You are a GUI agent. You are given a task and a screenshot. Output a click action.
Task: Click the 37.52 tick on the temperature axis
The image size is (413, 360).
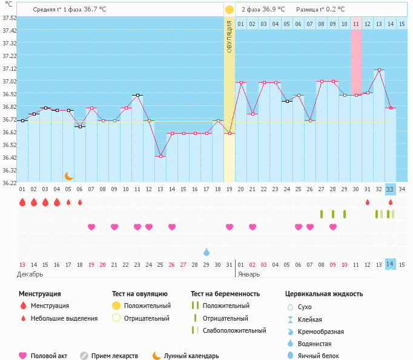coord(9,18)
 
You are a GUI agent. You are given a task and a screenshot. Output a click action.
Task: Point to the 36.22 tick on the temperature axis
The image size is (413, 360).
coord(9,182)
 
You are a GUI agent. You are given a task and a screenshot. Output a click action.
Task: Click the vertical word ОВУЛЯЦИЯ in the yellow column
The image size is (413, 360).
coord(230,36)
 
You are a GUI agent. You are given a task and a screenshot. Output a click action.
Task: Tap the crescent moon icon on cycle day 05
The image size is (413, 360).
coord(69,176)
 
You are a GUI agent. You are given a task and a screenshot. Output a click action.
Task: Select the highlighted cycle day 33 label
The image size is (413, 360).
coord(391,189)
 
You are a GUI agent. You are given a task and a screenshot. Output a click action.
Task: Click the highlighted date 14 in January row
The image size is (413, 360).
coord(391,264)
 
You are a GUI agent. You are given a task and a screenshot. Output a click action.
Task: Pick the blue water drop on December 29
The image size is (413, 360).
coord(206,252)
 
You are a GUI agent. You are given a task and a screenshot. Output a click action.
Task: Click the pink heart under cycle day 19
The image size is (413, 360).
coord(230,227)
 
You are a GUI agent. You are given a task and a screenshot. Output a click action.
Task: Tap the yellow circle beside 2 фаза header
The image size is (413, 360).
coord(230,10)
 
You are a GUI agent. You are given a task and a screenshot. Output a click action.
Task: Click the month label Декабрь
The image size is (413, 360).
coord(30,274)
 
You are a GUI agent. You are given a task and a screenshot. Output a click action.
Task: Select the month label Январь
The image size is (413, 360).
coord(248,274)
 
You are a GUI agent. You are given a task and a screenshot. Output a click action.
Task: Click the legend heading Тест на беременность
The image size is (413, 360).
coord(225,293)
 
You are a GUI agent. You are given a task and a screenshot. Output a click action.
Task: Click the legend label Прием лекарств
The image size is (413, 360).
coord(114,356)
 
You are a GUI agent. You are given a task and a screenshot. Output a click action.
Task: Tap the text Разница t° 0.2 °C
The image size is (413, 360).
coord(320,10)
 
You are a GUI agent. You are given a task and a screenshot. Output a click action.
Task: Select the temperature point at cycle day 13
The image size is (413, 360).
coord(160,157)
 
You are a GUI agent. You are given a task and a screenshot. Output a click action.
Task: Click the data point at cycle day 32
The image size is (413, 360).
coord(379,70)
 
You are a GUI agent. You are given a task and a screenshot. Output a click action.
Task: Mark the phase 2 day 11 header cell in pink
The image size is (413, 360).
coord(356,24)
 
